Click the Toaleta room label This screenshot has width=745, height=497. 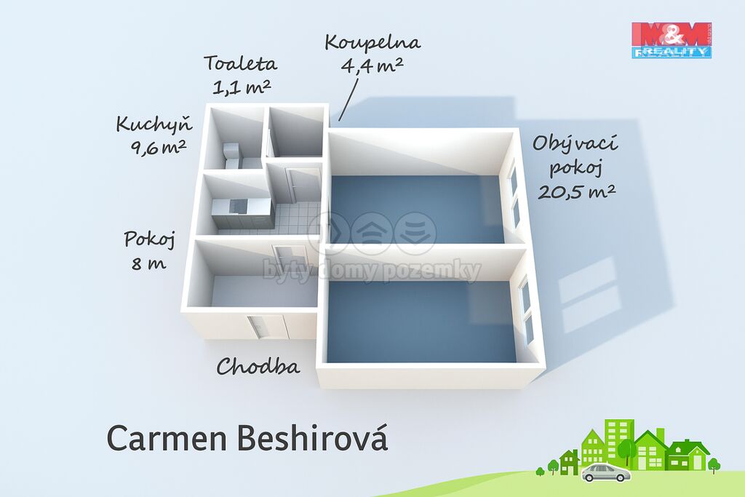(x=240, y=63)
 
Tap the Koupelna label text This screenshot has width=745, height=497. (x=373, y=43)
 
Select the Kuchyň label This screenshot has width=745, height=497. (x=154, y=124)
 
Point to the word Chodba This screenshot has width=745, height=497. (x=258, y=366)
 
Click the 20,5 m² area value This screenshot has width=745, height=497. (x=577, y=191)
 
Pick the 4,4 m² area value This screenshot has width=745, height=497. (x=372, y=65)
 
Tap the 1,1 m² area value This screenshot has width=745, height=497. (x=242, y=87)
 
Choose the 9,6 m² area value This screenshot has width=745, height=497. (x=158, y=148)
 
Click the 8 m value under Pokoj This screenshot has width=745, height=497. (x=148, y=263)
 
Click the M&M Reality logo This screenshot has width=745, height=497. (x=672, y=41)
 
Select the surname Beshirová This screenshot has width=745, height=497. (x=312, y=438)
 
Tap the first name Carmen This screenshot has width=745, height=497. (x=167, y=439)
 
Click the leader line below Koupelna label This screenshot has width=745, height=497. (x=348, y=100)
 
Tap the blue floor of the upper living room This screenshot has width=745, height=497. (x=417, y=209)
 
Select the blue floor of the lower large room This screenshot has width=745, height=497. (x=421, y=322)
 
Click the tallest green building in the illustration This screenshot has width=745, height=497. (x=619, y=442)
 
